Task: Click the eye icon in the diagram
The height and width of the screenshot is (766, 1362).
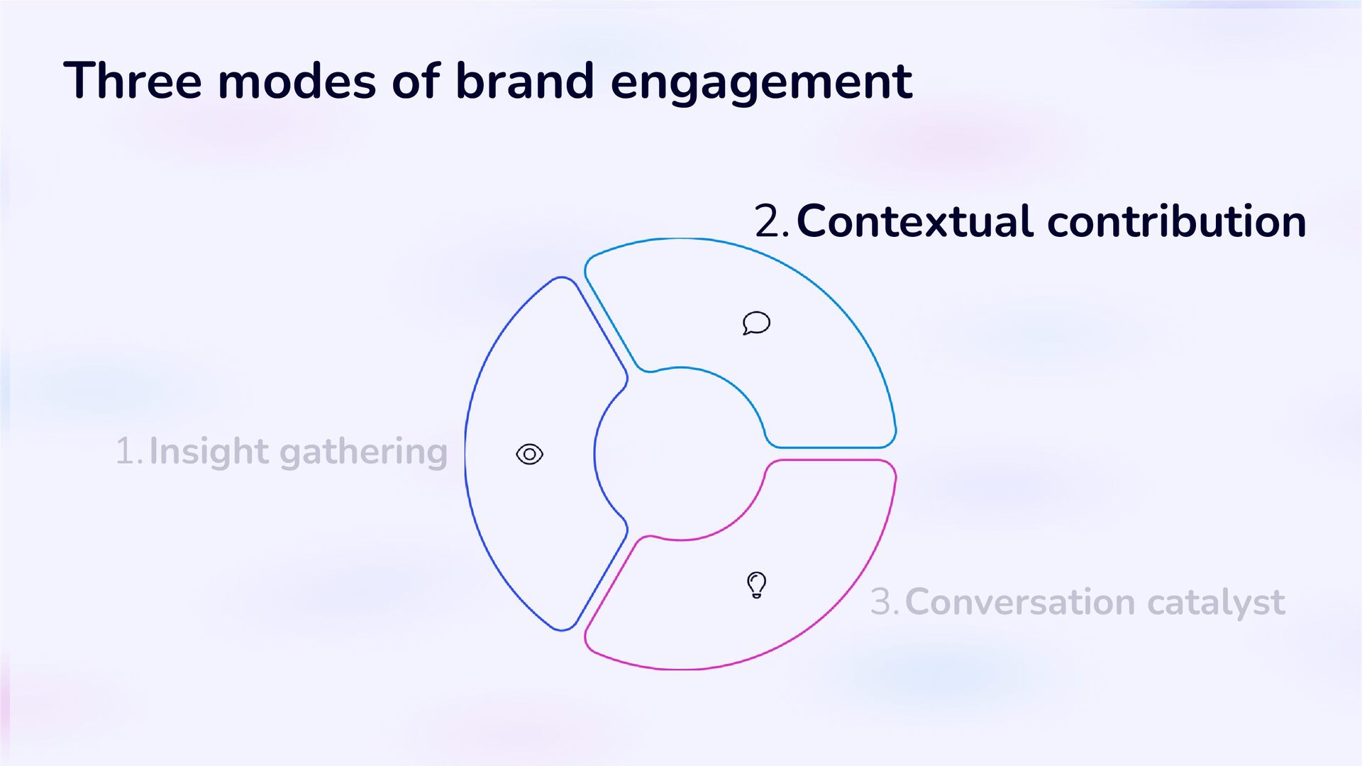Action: [529, 454]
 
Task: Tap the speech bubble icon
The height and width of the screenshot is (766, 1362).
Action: [756, 323]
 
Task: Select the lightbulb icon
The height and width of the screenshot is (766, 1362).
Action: [757, 585]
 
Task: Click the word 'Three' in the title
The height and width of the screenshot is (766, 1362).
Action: [133, 81]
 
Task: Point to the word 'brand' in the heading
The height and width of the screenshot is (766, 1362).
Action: [524, 81]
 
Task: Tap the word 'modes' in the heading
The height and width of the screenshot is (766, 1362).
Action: [297, 81]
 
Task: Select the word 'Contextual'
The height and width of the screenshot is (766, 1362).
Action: [914, 221]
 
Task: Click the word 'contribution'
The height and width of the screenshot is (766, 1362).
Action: [1176, 221]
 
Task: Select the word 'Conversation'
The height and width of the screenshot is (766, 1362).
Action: [1020, 602]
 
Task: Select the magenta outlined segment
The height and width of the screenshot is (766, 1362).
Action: [816, 567]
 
